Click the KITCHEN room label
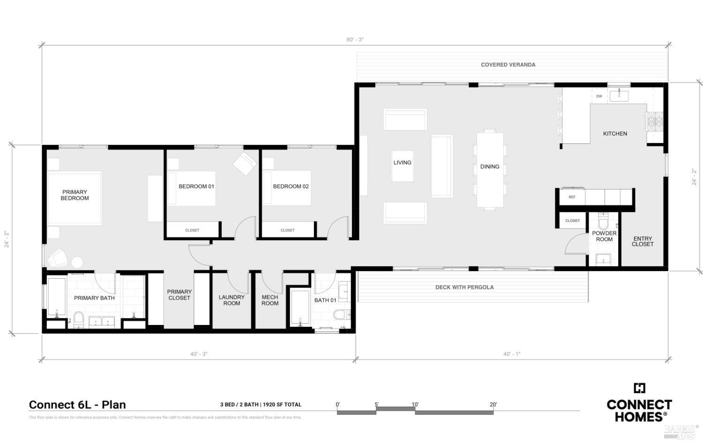tap(614, 134)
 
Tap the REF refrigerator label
tap(572, 197)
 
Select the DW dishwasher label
tap(599, 96)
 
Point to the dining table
tap(490, 170)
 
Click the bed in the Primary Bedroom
tap(75, 198)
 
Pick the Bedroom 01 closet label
tap(192, 230)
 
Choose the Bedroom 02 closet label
tap(287, 230)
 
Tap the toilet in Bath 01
tap(340, 314)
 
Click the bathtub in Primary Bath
tap(56, 296)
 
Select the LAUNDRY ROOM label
tap(232, 300)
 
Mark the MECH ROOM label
tap(270, 300)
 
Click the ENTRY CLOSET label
tap(642, 242)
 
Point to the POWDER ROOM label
tap(604, 236)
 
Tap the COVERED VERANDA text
tap(508, 65)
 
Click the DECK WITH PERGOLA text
tap(464, 287)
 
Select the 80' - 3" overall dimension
tap(355, 40)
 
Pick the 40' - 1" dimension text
tap(512, 354)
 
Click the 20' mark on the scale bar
tap(493, 405)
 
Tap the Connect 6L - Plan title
tap(77, 405)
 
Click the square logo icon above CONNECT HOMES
tap(639, 388)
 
